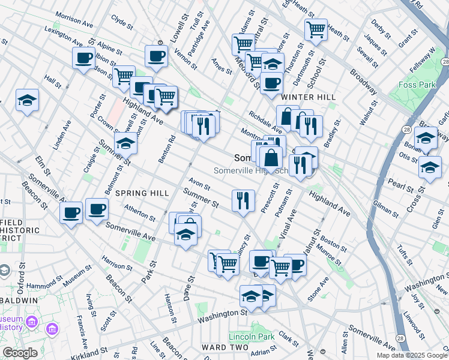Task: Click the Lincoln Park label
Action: pyautogui.click(x=251, y=337)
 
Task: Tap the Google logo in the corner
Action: pyautogui.click(x=20, y=353)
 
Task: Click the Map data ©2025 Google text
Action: pyautogui.click(x=412, y=355)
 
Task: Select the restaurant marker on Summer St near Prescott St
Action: pyautogui.click(x=243, y=200)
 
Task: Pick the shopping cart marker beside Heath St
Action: pyautogui.click(x=315, y=29)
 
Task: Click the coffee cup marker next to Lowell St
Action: pyautogui.click(x=156, y=57)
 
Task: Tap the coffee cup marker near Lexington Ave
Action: pyautogui.click(x=83, y=59)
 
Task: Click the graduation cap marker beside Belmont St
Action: pyautogui.click(x=125, y=144)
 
